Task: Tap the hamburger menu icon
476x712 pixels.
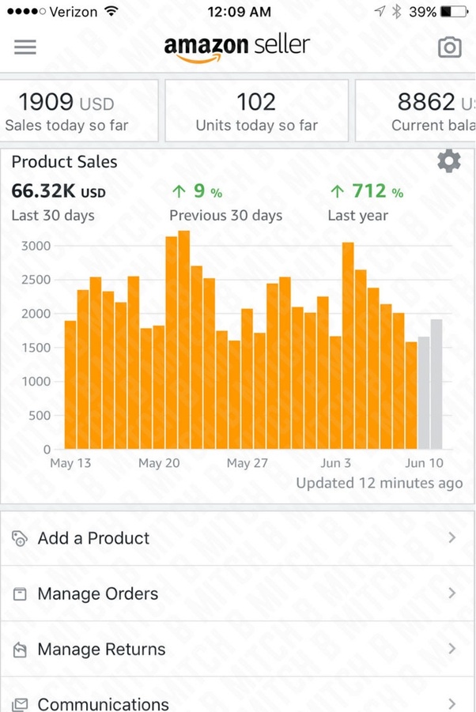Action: pyautogui.click(x=25, y=47)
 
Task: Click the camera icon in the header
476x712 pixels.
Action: pyautogui.click(x=449, y=47)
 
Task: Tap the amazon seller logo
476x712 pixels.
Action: pyautogui.click(x=237, y=47)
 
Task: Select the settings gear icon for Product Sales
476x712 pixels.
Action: pyautogui.click(x=448, y=162)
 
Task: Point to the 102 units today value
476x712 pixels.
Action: pyautogui.click(x=256, y=102)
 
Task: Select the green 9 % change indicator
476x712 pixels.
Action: pyautogui.click(x=197, y=191)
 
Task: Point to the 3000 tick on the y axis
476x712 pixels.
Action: pyautogui.click(x=35, y=246)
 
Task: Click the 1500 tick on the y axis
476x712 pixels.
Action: pyautogui.click(x=35, y=348)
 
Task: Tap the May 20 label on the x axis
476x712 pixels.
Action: pyautogui.click(x=159, y=463)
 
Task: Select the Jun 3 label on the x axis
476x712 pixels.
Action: pyautogui.click(x=336, y=463)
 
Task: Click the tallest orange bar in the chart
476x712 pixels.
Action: pyautogui.click(x=183, y=340)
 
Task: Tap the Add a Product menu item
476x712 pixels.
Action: pyautogui.click(x=93, y=538)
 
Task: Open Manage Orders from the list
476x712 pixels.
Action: pyautogui.click(x=98, y=593)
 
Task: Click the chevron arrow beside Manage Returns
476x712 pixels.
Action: pyautogui.click(x=452, y=649)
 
